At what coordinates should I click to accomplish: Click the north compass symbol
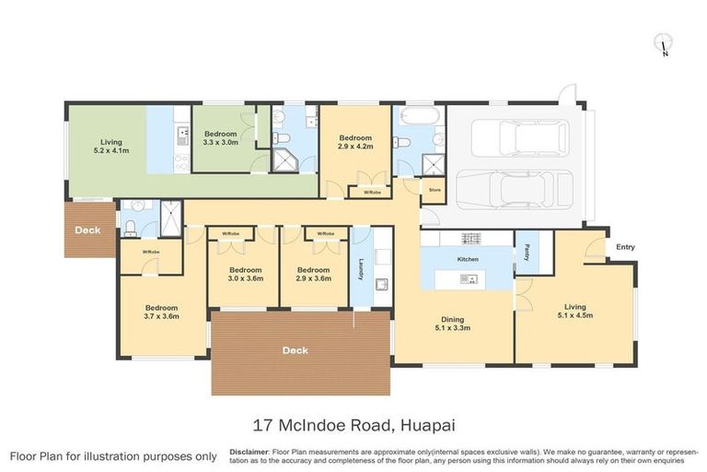[x=663, y=43]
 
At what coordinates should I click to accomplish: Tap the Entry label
[x=625, y=247]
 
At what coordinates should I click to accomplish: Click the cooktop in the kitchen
[x=470, y=239]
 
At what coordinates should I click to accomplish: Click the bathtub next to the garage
[x=420, y=117]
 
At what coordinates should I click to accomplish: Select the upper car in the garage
[x=520, y=138]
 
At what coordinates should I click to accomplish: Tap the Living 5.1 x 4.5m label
[x=575, y=311]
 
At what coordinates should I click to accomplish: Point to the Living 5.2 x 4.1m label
[x=111, y=146]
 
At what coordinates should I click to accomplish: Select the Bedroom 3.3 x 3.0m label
[x=221, y=138]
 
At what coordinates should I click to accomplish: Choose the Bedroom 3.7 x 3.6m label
[x=161, y=312]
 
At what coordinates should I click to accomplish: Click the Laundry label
[x=360, y=269]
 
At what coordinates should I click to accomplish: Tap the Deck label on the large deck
[x=296, y=350]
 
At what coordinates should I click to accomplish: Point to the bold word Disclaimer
[x=249, y=452]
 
